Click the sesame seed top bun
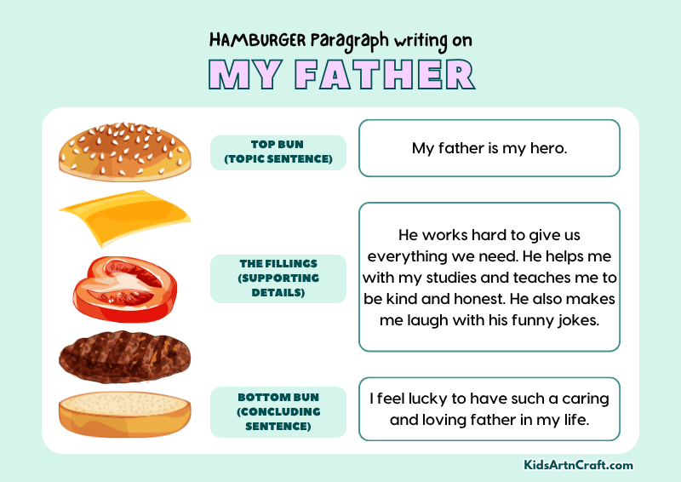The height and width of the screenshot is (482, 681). click(x=123, y=151)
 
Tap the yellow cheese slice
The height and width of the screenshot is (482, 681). click(x=125, y=218)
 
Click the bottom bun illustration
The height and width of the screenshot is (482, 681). click(x=124, y=413)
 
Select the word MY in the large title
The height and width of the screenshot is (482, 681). click(x=243, y=75)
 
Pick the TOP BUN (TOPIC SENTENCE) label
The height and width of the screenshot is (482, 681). click(x=278, y=152)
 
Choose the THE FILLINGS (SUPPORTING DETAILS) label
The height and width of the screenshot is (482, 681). click(x=278, y=278)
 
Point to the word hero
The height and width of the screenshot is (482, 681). click(x=549, y=148)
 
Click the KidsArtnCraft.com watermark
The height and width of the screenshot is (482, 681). click(x=579, y=465)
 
